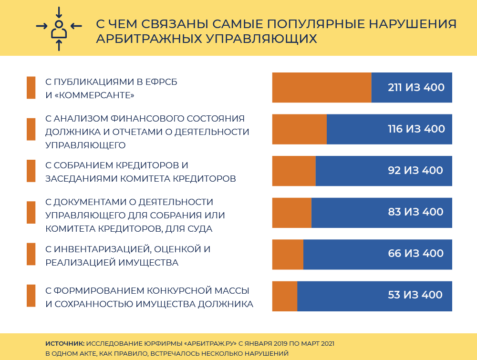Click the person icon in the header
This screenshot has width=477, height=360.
pos(59,29)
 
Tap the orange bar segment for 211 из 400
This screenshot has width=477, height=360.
pos(321,88)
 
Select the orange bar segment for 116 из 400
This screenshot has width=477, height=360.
pos(299,129)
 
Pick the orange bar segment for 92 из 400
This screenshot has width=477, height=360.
pos(294,171)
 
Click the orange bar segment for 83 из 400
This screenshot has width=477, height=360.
pos(291,212)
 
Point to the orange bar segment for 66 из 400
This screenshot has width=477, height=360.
pos(288,254)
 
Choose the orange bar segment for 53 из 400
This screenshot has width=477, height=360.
pos(285,296)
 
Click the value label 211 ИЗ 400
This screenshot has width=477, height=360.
pos(416,88)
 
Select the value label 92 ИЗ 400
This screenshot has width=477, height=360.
pos(415,170)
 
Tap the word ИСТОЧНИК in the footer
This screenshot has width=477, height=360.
pos(65,343)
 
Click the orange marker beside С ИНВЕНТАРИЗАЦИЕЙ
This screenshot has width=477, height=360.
pos(31,254)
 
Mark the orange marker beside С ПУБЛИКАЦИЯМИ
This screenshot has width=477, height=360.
pos(31,88)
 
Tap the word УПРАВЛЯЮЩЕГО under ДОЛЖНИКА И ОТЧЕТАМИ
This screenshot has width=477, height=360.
pos(85,144)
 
